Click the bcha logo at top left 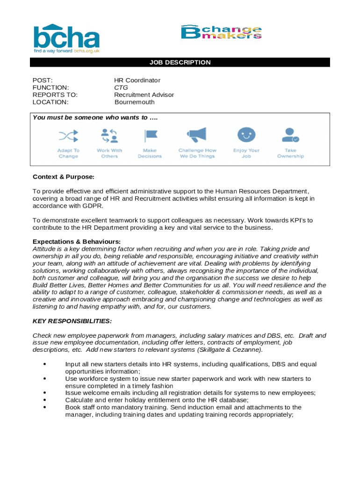66,37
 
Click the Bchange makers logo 221,32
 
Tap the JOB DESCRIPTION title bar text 180,62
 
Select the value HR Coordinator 137,80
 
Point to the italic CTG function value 121,87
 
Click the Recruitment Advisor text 144,94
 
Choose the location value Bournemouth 135,102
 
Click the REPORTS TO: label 55,94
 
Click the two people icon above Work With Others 109,136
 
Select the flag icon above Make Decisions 150,136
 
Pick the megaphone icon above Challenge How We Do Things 197,135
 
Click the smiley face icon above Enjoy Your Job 246,135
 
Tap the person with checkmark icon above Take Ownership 290,135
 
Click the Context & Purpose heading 63,177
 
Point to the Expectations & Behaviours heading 76,241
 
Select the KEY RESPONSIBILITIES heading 72,321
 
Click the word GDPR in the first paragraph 94,206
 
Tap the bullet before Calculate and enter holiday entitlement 44,400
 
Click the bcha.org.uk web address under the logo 86,51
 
